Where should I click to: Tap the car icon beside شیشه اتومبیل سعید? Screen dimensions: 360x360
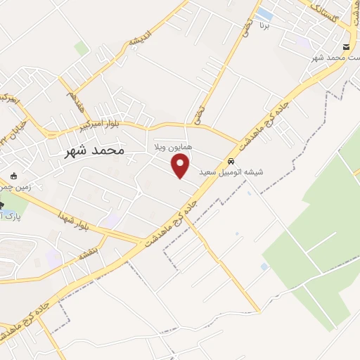[x=231, y=160]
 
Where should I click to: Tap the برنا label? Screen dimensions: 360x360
[x=264, y=27]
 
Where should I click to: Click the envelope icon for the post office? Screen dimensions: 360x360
[x=345, y=46]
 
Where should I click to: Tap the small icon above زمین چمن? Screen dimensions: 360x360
[x=13, y=175]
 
